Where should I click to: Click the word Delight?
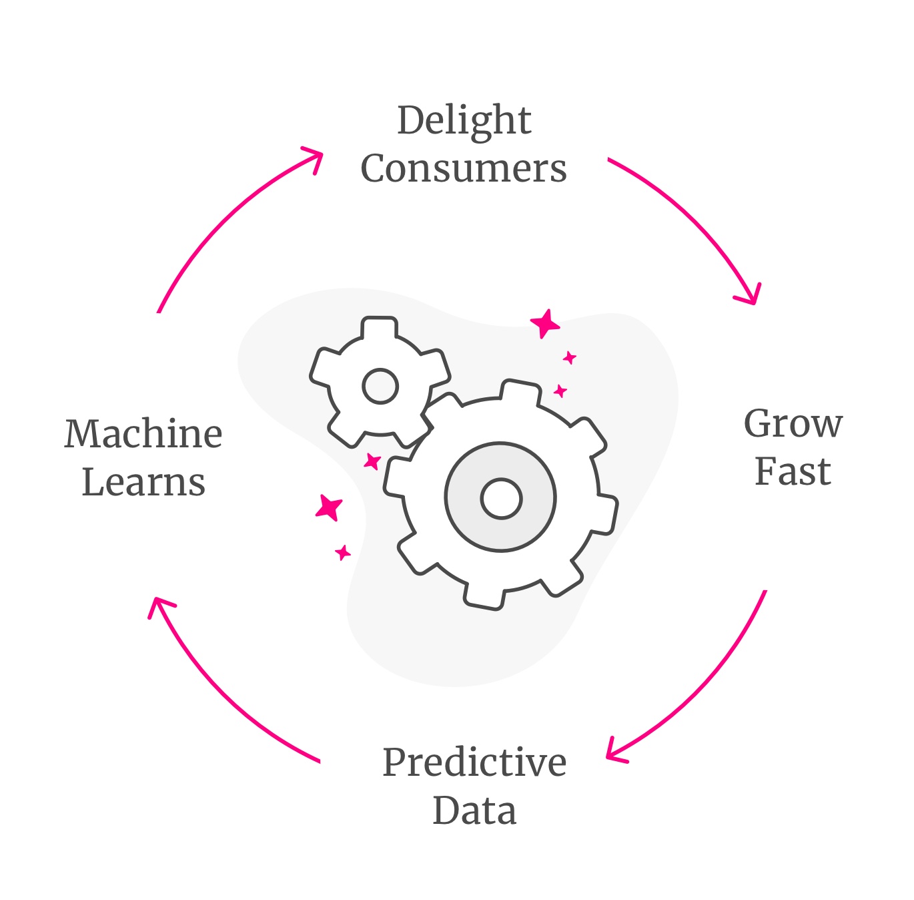(464, 122)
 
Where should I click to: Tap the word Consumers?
(464, 168)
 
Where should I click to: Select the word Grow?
(793, 425)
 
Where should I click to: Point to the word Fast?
(793, 472)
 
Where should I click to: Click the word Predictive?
(474, 762)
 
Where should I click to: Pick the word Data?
(474, 811)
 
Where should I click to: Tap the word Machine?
(143, 434)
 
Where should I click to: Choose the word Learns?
(143, 482)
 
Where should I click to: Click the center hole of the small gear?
(380, 386)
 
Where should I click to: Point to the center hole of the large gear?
(501, 498)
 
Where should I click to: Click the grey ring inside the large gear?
(467, 498)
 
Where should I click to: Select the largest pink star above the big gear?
(546, 324)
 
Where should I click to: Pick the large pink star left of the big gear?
(330, 507)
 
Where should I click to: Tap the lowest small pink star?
(343, 552)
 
